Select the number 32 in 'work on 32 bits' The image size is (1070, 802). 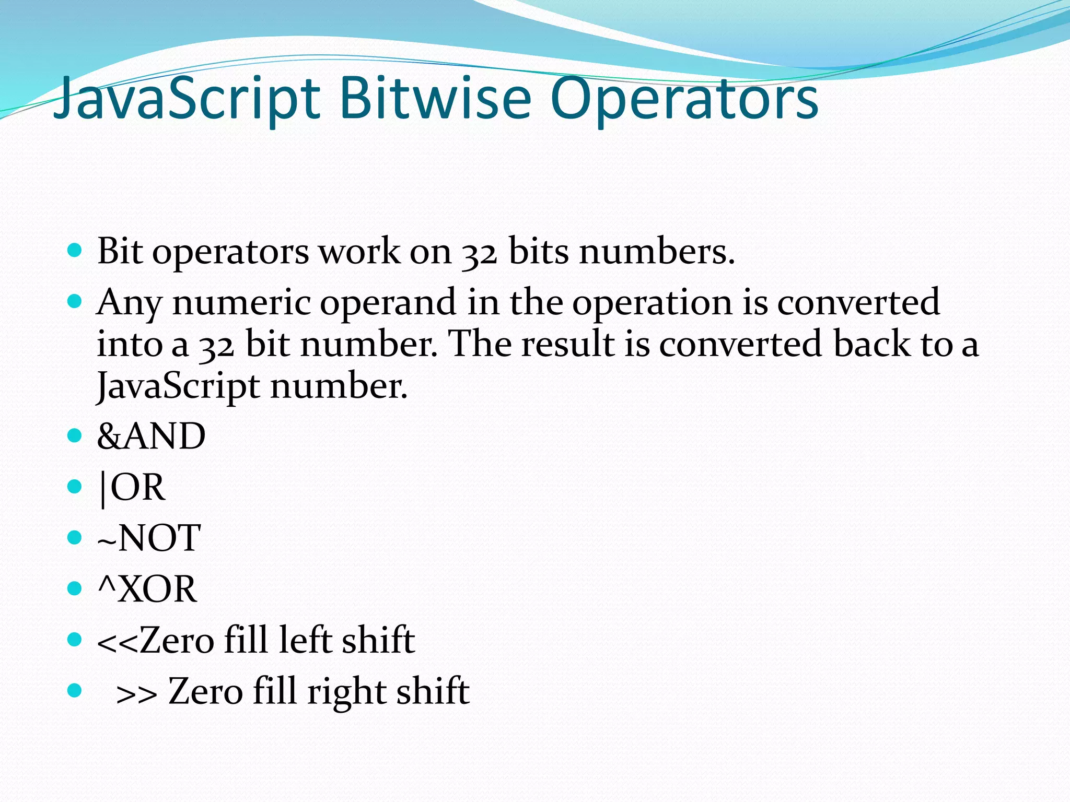pyautogui.click(x=479, y=253)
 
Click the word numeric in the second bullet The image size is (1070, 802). pyautogui.click(x=241, y=302)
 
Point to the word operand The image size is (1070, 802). pyautogui.click(x=388, y=303)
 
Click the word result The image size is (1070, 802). pyautogui.click(x=568, y=344)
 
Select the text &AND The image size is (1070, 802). pyautogui.click(x=152, y=436)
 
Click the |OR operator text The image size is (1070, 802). pyautogui.click(x=132, y=487)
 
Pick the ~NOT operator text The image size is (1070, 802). pyautogui.click(x=149, y=538)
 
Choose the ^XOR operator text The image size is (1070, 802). pyautogui.click(x=147, y=589)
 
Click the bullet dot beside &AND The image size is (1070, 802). pyautogui.click(x=75, y=435)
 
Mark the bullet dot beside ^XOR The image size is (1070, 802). pyautogui.click(x=75, y=588)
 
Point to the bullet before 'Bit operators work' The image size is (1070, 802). pyautogui.click(x=75, y=251)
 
